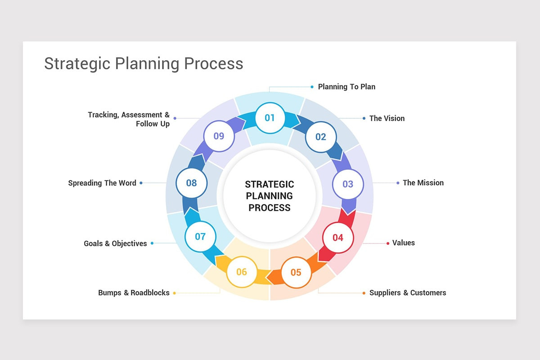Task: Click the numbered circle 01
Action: point(270,118)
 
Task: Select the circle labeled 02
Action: point(320,137)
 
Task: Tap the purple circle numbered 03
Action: point(348,184)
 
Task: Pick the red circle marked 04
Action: point(337,238)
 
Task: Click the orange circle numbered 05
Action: point(296,272)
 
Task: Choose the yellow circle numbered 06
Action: point(242,272)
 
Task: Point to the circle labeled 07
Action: point(200,236)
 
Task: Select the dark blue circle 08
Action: point(191,183)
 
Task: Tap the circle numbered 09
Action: point(219,136)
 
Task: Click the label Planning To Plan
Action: point(346,86)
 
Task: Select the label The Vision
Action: point(387,118)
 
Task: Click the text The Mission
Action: point(423,183)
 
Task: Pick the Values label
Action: point(404,243)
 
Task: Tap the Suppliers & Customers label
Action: point(408,293)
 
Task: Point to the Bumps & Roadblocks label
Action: point(134,293)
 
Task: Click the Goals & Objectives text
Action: point(115,243)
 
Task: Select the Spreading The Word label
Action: point(102,183)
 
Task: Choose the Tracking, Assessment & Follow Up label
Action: point(129,119)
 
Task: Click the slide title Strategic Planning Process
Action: point(144,63)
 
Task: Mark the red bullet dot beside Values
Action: point(388,243)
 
